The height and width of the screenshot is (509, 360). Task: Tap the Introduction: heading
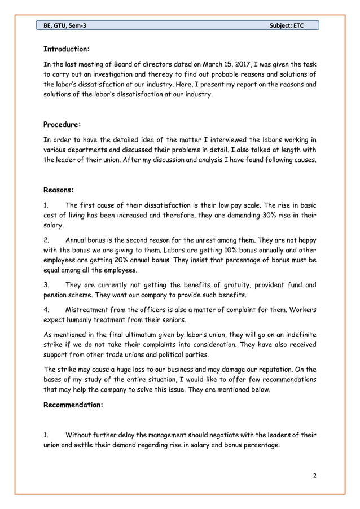click(x=67, y=49)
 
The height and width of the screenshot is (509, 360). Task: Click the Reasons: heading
click(x=59, y=190)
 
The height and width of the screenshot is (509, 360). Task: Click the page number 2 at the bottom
click(x=315, y=475)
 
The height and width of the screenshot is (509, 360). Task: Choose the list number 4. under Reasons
click(x=47, y=310)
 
